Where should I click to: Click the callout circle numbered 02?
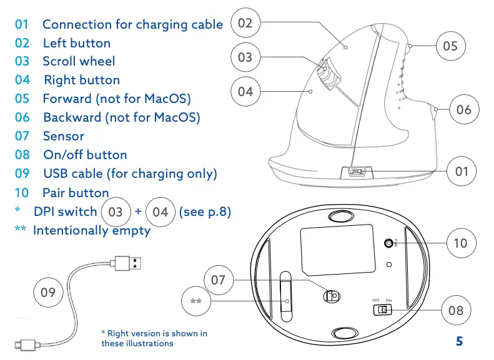(x=245, y=23)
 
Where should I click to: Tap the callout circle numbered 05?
(x=450, y=46)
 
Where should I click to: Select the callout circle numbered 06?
(x=463, y=110)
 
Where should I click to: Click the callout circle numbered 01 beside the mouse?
(x=462, y=171)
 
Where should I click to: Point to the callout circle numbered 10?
(x=460, y=243)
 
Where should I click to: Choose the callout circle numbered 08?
(x=456, y=309)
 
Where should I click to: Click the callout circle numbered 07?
(x=218, y=280)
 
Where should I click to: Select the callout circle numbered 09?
(x=48, y=292)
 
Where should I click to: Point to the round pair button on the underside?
(x=391, y=243)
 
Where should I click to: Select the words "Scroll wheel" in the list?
(x=79, y=61)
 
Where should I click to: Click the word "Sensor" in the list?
(x=63, y=136)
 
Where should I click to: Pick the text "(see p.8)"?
(x=205, y=212)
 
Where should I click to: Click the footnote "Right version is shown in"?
(x=154, y=334)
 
